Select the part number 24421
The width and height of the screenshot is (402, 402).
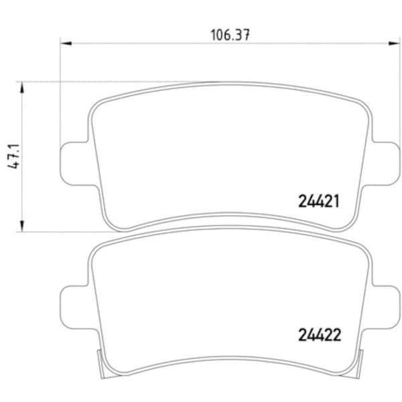coord(320,200)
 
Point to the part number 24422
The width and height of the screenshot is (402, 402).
coord(320,334)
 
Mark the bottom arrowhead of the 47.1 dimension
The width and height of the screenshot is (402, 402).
coord(23,228)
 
